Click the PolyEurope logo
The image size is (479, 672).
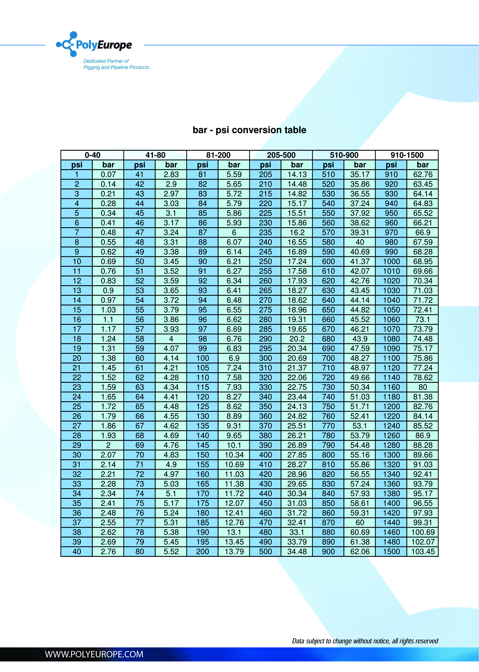click(x=94, y=44)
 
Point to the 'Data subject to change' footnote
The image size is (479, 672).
click(x=365, y=641)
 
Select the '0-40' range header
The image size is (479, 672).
click(x=92, y=155)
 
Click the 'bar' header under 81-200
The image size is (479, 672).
click(x=234, y=165)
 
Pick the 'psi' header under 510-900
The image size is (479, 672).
click(x=328, y=165)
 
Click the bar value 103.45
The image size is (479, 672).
click(x=423, y=551)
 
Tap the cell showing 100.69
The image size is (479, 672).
click(x=423, y=532)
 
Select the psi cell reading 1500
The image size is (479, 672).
click(x=391, y=551)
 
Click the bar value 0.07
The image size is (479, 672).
click(x=108, y=175)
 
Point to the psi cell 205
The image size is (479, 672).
click(x=266, y=175)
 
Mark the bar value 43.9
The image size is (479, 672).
click(x=360, y=339)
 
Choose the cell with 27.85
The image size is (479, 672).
click(x=297, y=455)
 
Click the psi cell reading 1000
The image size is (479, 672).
click(x=391, y=262)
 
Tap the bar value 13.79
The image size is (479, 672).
click(x=234, y=551)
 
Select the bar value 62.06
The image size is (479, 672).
click(x=360, y=551)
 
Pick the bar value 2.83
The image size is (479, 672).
click(x=171, y=175)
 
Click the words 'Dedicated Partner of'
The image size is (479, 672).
click(x=106, y=61)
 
